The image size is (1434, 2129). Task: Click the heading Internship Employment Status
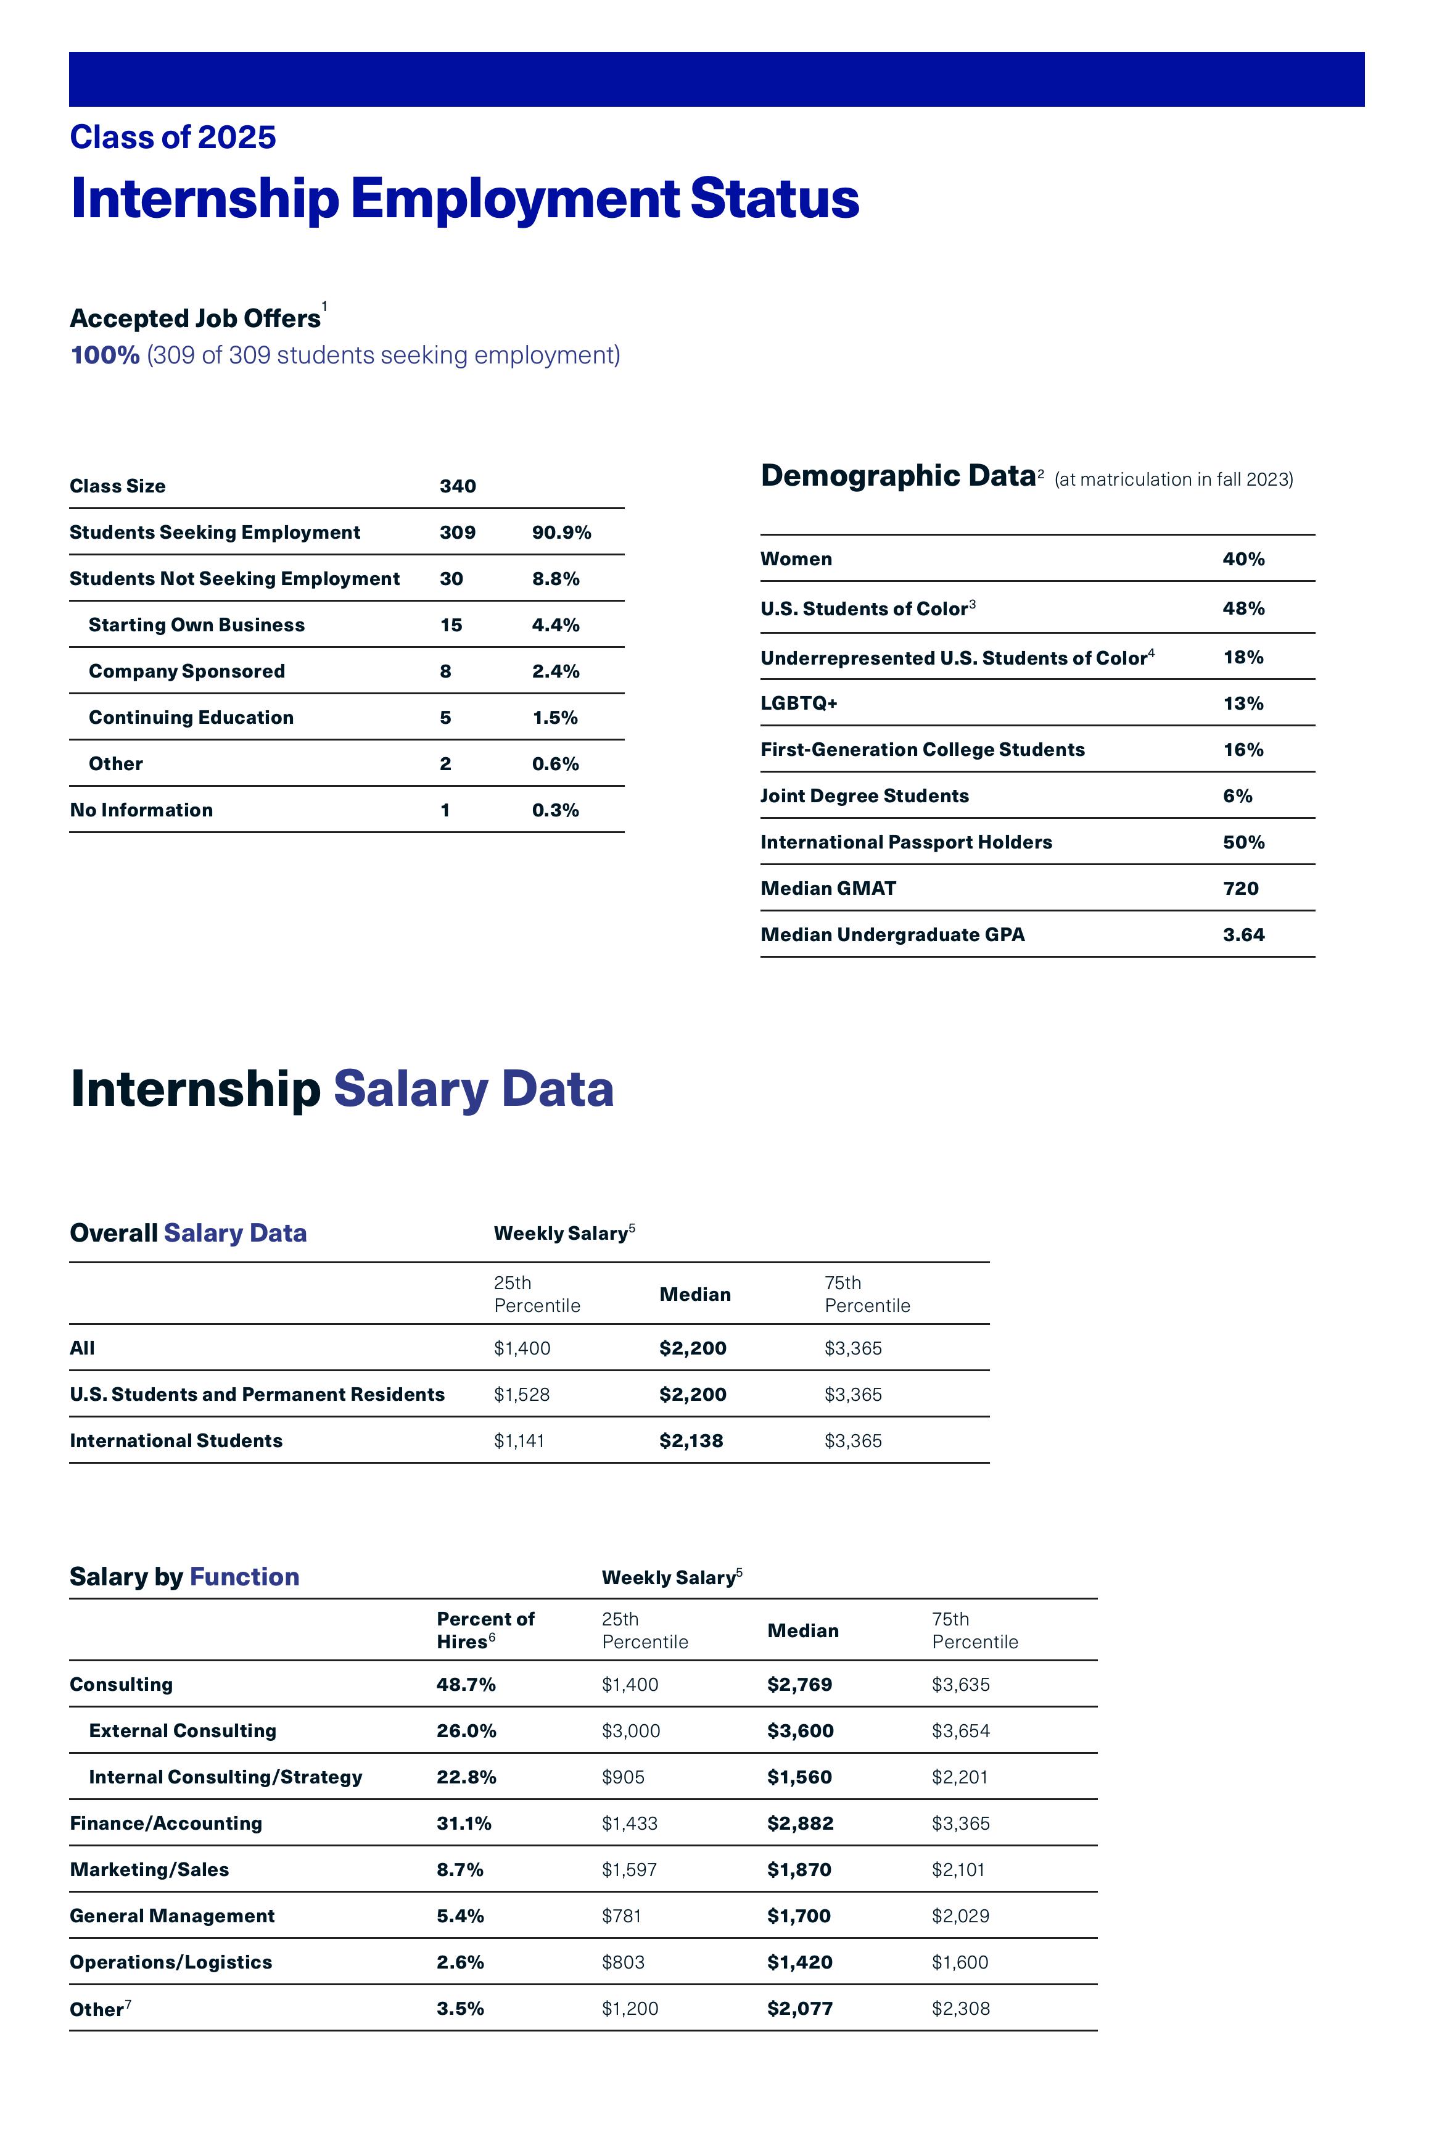pyautogui.click(x=464, y=199)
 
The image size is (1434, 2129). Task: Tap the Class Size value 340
pyautogui.click(x=457, y=486)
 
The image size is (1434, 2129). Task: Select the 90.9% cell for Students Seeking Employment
pyautogui.click(x=561, y=533)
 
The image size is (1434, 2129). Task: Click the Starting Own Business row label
pyautogui.click(x=197, y=625)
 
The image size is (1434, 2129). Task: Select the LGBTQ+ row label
pyautogui.click(x=798, y=703)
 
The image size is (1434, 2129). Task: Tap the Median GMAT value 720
pyautogui.click(x=1241, y=889)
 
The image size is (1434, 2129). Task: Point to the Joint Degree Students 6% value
pyautogui.click(x=1237, y=796)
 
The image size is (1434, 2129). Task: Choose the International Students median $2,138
pyautogui.click(x=691, y=1441)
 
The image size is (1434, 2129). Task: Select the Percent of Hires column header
pyautogui.click(x=485, y=1630)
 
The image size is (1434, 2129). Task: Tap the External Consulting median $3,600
pyautogui.click(x=800, y=1731)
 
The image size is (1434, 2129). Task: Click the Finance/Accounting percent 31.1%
pyautogui.click(x=464, y=1824)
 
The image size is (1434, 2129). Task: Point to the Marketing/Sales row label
pyautogui.click(x=149, y=1870)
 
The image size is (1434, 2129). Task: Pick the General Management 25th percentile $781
pyautogui.click(x=622, y=1916)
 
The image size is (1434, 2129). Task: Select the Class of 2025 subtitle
pyautogui.click(x=173, y=137)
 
